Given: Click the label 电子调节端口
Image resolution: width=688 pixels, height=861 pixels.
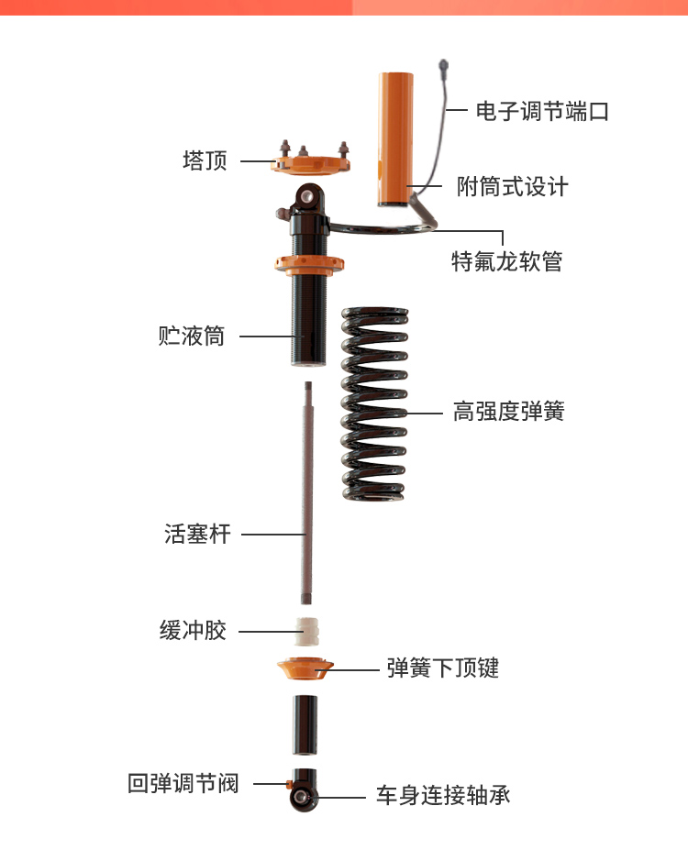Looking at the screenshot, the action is click(542, 111).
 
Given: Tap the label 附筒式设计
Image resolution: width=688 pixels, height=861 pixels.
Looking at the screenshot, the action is click(512, 187).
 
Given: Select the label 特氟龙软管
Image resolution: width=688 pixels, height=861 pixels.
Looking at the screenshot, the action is click(506, 261).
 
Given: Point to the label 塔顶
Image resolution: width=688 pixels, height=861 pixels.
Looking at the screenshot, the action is click(205, 160).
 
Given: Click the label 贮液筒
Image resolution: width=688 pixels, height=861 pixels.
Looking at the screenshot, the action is click(191, 336).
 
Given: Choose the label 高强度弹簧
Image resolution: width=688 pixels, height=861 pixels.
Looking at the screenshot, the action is click(509, 411).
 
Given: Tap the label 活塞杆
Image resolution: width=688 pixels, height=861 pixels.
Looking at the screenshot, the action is click(197, 534).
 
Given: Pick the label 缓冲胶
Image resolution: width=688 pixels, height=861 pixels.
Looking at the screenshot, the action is click(193, 630).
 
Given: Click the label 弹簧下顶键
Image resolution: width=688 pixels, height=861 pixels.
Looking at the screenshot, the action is click(443, 668).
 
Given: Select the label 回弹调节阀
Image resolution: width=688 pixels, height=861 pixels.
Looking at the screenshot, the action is click(183, 783).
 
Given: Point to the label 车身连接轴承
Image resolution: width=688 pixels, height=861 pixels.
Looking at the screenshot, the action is click(443, 795).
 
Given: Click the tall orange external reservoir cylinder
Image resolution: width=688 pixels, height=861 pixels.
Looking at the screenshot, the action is click(395, 139).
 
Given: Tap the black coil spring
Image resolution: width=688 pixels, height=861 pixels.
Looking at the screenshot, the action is click(375, 403).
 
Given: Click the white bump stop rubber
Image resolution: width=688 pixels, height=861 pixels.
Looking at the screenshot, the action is click(307, 632).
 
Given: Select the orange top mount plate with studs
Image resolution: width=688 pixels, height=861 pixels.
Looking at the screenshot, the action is click(310, 160).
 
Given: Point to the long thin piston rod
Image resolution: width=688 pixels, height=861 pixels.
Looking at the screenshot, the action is click(307, 493).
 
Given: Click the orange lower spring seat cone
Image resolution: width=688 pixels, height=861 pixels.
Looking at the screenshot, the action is click(305, 668).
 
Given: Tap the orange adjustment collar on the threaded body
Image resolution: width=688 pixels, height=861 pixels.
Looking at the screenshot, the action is click(309, 265).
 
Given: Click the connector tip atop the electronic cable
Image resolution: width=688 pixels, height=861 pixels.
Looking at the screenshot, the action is click(443, 67).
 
